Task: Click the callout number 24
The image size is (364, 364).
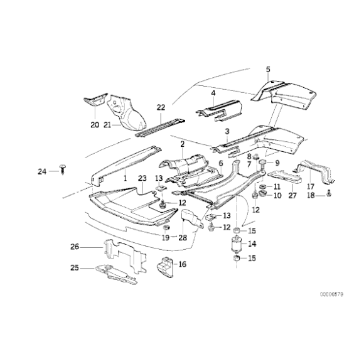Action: pyautogui.click(x=41, y=171)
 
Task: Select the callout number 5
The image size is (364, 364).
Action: pyautogui.click(x=268, y=69)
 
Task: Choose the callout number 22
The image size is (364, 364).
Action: pyautogui.click(x=161, y=107)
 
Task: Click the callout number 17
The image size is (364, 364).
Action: pyautogui.click(x=310, y=186)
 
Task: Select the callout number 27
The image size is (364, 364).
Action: pyautogui.click(x=292, y=196)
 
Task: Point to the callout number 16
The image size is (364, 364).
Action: pyautogui.click(x=183, y=264)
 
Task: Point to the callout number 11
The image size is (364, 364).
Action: pyautogui.click(x=277, y=187)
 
